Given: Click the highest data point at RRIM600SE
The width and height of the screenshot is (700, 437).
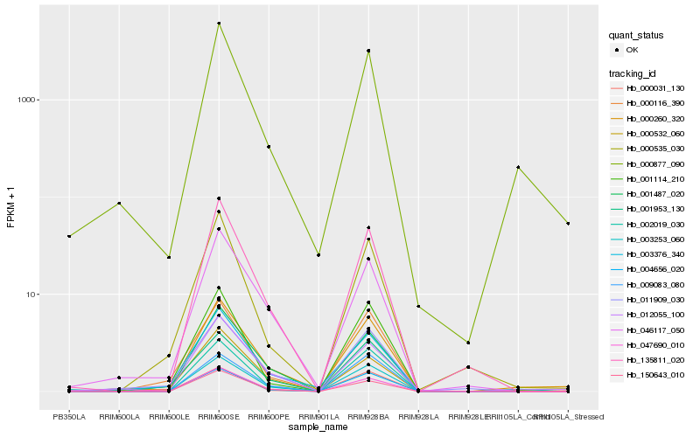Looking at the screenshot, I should pyautogui.click(x=219, y=24).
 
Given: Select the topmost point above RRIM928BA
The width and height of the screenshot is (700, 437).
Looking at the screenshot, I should pyautogui.click(x=368, y=51).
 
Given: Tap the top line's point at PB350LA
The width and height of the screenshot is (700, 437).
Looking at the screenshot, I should pyautogui.click(x=69, y=236).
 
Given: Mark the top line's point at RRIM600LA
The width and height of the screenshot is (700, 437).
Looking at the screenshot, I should pyautogui.click(x=119, y=203).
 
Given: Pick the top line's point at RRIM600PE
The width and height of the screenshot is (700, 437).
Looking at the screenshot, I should pyautogui.click(x=269, y=147).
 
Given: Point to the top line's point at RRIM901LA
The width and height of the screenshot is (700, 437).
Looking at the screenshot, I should pyautogui.click(x=318, y=255).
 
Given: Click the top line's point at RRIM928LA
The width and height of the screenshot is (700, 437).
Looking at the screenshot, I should pyautogui.click(x=418, y=306).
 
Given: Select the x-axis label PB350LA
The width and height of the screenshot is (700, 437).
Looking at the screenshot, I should pyautogui.click(x=69, y=417).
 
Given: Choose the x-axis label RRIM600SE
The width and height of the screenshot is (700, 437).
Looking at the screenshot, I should pyautogui.click(x=219, y=417).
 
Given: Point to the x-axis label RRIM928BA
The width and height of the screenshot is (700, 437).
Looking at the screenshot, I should pyautogui.click(x=368, y=417).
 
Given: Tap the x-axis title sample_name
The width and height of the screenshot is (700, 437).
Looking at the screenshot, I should pyautogui.click(x=318, y=427).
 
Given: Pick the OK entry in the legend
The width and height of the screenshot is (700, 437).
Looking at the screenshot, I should pyautogui.click(x=632, y=50).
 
